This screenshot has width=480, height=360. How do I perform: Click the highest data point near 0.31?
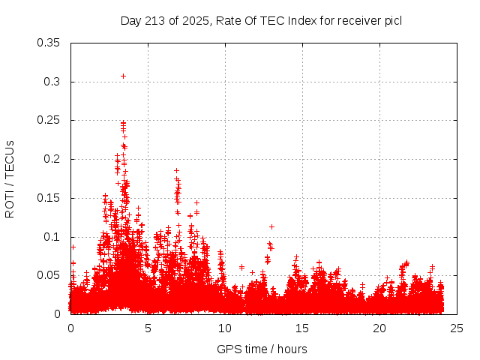coord(123,76)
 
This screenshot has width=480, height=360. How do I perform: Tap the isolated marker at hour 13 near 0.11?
coord(271,226)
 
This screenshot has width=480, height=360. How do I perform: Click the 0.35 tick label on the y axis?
coord(49,43)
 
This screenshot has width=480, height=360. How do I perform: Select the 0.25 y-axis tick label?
coord(49,120)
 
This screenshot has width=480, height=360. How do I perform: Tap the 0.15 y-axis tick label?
coord(49,198)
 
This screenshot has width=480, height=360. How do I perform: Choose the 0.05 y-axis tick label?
coord(49,275)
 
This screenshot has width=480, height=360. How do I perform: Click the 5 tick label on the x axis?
coord(148,328)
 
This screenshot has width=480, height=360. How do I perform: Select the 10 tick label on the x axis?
coord(225,328)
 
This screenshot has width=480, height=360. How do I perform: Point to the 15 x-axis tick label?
coord(302,328)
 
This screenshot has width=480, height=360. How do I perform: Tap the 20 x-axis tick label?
coord(379,328)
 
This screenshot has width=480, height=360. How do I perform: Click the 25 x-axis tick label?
coord(457,328)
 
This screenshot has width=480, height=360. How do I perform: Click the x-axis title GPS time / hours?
coord(262,349)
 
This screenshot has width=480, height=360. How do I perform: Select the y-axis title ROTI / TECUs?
coord(10,178)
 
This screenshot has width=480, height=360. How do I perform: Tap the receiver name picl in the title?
coord(392,20)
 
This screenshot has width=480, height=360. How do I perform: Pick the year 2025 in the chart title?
coord(195,20)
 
